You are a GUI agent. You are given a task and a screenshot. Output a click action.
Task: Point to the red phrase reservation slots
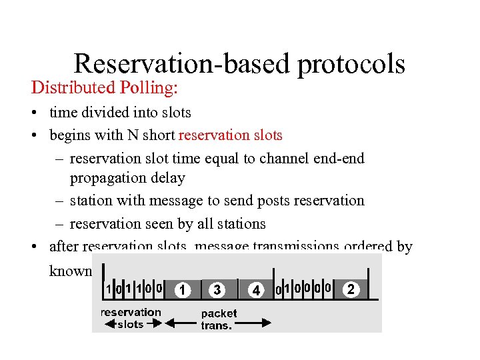click(231, 135)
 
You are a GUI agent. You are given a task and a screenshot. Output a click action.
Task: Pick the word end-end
click(339, 158)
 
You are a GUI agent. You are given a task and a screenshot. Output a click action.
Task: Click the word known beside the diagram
click(71, 271)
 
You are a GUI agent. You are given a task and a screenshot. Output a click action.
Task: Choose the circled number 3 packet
click(217, 290)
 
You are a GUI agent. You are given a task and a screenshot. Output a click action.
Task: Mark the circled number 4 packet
click(255, 291)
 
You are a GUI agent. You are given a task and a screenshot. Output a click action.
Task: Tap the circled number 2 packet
click(351, 289)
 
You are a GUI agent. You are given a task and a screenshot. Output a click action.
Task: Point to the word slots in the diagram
click(129, 324)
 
